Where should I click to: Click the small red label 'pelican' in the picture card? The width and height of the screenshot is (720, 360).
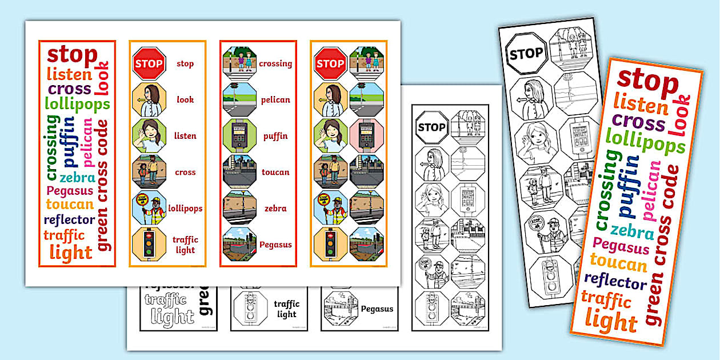point(275,100)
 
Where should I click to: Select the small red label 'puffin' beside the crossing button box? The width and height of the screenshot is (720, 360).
point(275,137)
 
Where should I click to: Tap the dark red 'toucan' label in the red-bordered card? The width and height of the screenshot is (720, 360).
point(275,172)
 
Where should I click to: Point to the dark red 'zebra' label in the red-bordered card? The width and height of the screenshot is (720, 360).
point(275,209)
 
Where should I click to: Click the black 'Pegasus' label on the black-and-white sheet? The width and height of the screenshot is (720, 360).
point(377,309)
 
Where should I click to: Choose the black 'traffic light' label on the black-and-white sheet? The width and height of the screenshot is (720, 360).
point(287,309)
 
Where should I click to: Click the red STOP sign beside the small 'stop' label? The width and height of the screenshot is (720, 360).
point(149,63)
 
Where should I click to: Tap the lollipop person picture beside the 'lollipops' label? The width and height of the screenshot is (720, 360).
point(149,208)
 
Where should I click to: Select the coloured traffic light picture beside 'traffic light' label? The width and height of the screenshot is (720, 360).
point(149,245)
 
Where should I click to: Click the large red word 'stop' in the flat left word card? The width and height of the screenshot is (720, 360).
point(72,55)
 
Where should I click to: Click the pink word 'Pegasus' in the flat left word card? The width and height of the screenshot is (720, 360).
point(70,191)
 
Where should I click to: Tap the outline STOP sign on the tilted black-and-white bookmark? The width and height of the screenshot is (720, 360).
point(526,54)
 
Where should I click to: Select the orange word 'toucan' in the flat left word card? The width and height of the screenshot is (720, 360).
point(70,205)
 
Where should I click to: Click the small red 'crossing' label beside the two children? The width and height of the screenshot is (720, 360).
point(275,63)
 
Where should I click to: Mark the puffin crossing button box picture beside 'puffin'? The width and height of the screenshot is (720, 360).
point(239,136)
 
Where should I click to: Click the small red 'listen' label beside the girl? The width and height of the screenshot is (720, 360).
point(185,136)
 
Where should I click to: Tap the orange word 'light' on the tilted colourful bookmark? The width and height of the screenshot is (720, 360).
point(611,322)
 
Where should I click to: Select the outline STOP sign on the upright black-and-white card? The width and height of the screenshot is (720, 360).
point(432,127)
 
